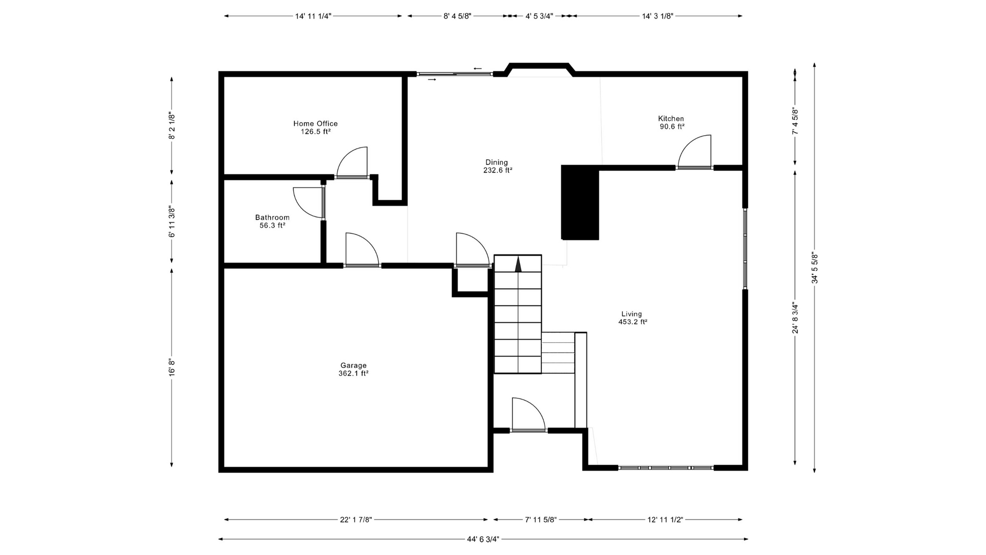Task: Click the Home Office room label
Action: (315, 123)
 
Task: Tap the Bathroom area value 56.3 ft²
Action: (272, 225)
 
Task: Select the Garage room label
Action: (353, 365)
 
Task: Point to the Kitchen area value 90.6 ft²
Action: (672, 126)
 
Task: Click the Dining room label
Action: (497, 162)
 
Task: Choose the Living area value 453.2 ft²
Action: (632, 322)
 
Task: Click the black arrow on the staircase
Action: (518, 264)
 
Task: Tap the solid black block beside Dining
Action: (580, 202)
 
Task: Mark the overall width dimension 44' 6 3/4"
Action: (483, 539)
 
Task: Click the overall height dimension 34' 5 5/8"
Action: (814, 267)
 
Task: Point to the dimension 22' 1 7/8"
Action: (356, 520)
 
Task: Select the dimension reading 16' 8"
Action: (172, 367)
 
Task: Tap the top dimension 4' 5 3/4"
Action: (539, 16)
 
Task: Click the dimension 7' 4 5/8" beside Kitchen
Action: (795, 121)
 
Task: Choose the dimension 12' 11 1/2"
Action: (665, 520)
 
